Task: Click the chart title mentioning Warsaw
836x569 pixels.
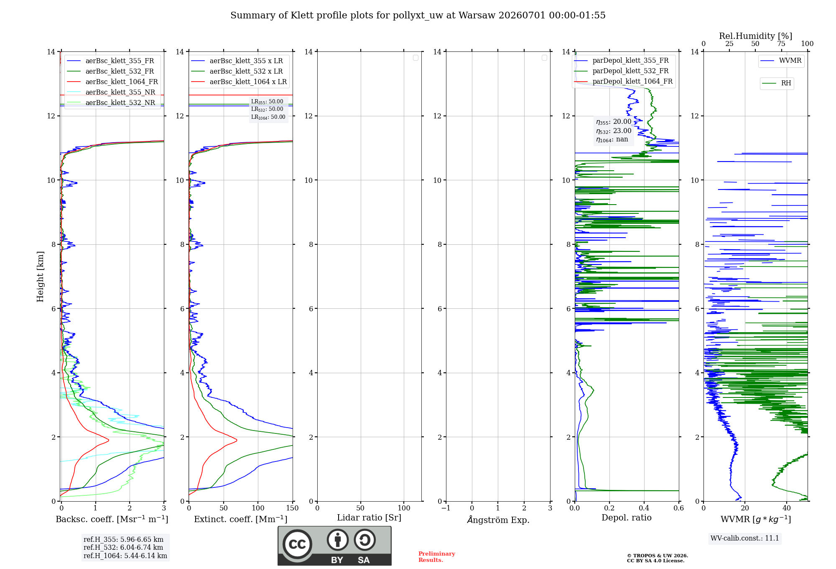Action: (418, 15)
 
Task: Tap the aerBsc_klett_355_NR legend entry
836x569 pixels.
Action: (111, 92)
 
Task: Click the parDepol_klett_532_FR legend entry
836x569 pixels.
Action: (622, 71)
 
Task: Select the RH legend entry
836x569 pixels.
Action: (777, 83)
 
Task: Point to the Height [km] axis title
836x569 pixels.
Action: (40, 277)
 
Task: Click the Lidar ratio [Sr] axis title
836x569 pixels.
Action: (369, 518)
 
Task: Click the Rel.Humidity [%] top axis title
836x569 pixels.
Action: (756, 36)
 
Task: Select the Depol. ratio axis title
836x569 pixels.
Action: (627, 518)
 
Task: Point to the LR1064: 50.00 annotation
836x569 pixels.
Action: (268, 117)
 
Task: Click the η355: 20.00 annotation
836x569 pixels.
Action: (614, 122)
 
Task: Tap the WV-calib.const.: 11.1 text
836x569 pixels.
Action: (745, 538)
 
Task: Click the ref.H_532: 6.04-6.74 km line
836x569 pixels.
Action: (123, 547)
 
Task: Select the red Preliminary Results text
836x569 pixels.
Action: (437, 557)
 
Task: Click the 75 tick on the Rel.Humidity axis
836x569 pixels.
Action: (781, 44)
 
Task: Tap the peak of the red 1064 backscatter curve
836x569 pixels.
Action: (109, 440)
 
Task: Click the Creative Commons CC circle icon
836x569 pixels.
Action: (297, 544)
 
